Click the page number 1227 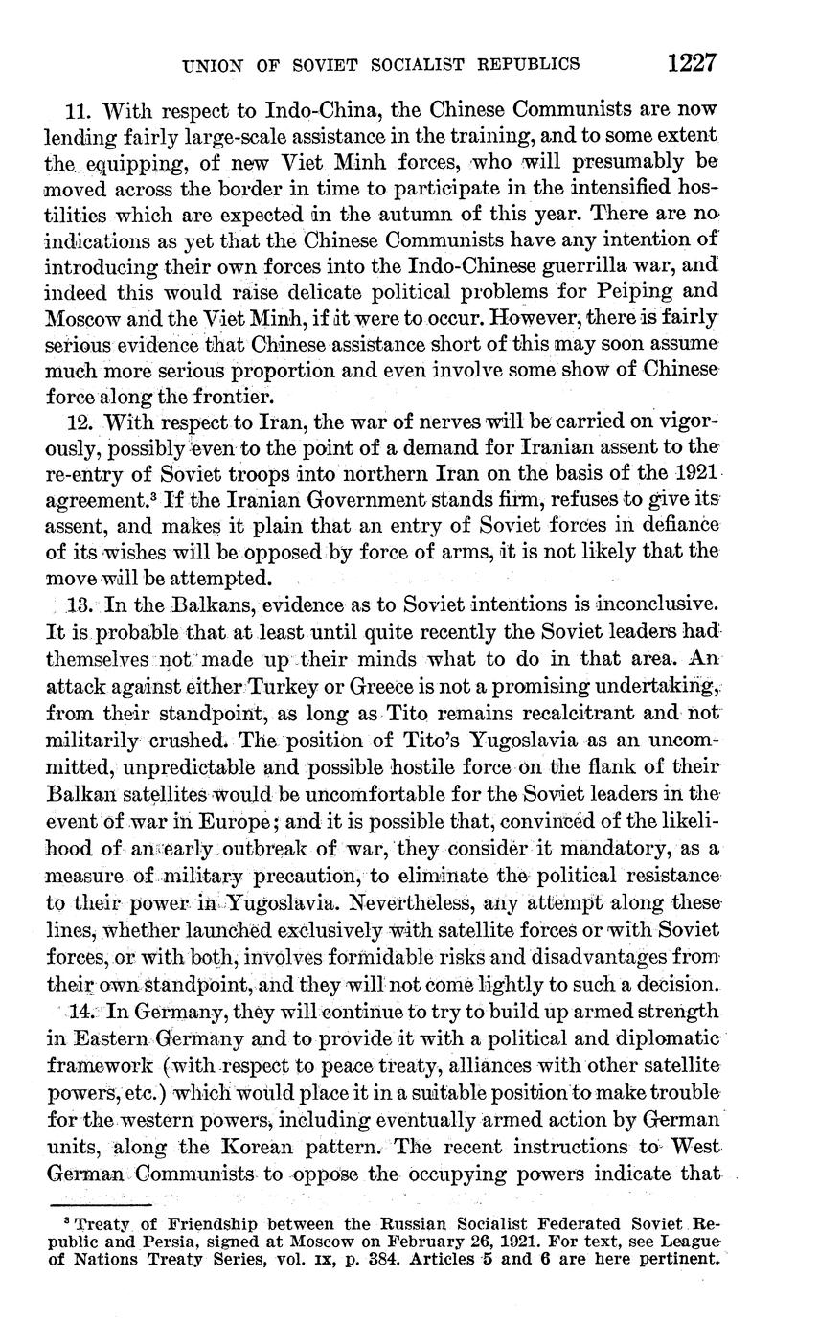click(x=692, y=63)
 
